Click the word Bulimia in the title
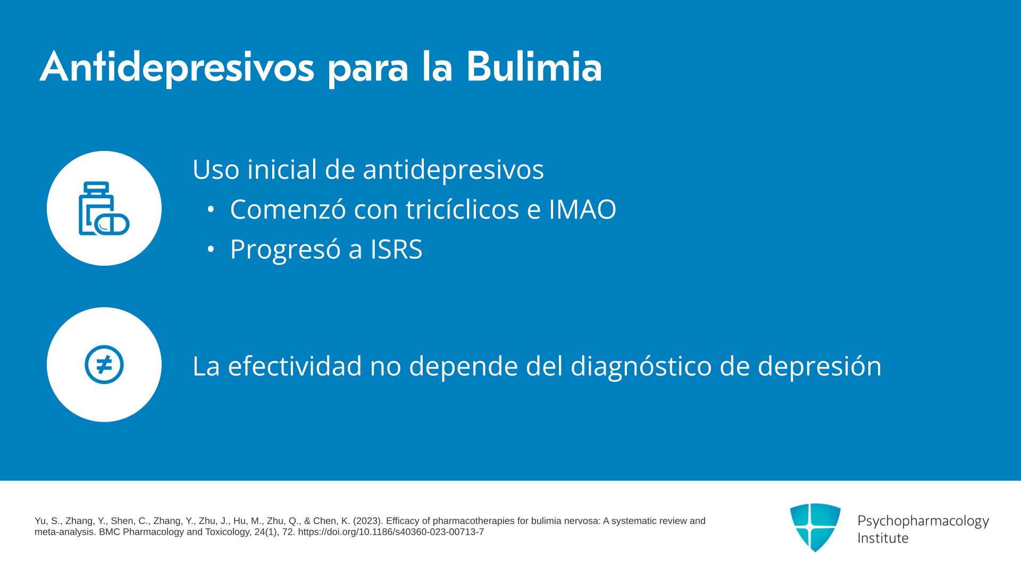click(534, 67)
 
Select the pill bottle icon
click(104, 208)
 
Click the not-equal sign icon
click(104, 365)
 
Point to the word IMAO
click(582, 209)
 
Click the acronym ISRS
click(396, 249)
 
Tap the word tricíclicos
click(463, 208)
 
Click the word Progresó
click(286, 249)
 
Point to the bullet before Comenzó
click(211, 209)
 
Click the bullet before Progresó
click(211, 249)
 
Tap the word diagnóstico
click(641, 366)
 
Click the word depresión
click(819, 366)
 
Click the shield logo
click(815, 527)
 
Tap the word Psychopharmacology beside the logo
click(923, 521)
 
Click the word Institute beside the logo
click(883, 538)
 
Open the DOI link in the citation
click(391, 532)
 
